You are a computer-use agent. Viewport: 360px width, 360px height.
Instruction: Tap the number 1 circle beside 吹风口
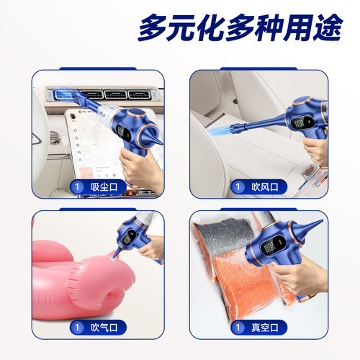pyautogui.click(x=238, y=187)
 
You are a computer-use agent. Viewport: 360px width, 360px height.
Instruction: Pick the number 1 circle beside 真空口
pyautogui.click(x=238, y=328)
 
